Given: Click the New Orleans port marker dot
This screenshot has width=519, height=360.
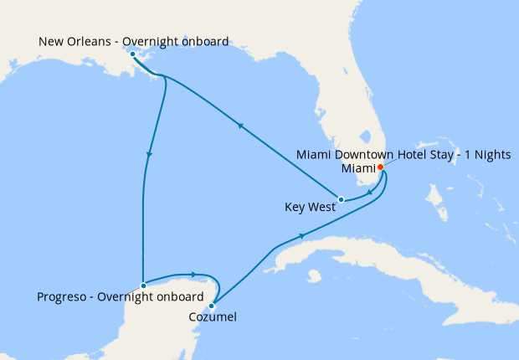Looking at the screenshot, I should (x=133, y=54).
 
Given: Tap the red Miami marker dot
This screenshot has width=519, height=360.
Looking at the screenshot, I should (x=381, y=167).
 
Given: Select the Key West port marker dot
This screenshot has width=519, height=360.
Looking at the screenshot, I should (x=341, y=199).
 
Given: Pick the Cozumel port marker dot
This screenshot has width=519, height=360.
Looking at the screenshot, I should (x=213, y=306).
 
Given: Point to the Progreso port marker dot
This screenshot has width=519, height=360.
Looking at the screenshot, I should (x=144, y=285).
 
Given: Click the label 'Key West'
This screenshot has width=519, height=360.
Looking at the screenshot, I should (x=311, y=205).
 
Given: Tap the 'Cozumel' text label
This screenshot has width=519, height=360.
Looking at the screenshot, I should (x=212, y=318).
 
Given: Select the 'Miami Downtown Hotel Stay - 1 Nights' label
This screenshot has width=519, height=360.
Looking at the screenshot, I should (x=404, y=154).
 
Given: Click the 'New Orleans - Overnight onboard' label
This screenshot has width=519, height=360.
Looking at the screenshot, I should (x=134, y=40).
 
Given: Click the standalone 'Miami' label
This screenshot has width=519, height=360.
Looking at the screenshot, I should (x=357, y=167).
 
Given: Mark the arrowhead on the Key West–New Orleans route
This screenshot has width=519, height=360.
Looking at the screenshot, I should (x=241, y=126).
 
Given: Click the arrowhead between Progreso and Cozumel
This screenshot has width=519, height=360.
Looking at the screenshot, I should (x=193, y=274).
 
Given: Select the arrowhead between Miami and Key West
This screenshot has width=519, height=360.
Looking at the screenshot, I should (x=370, y=193).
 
